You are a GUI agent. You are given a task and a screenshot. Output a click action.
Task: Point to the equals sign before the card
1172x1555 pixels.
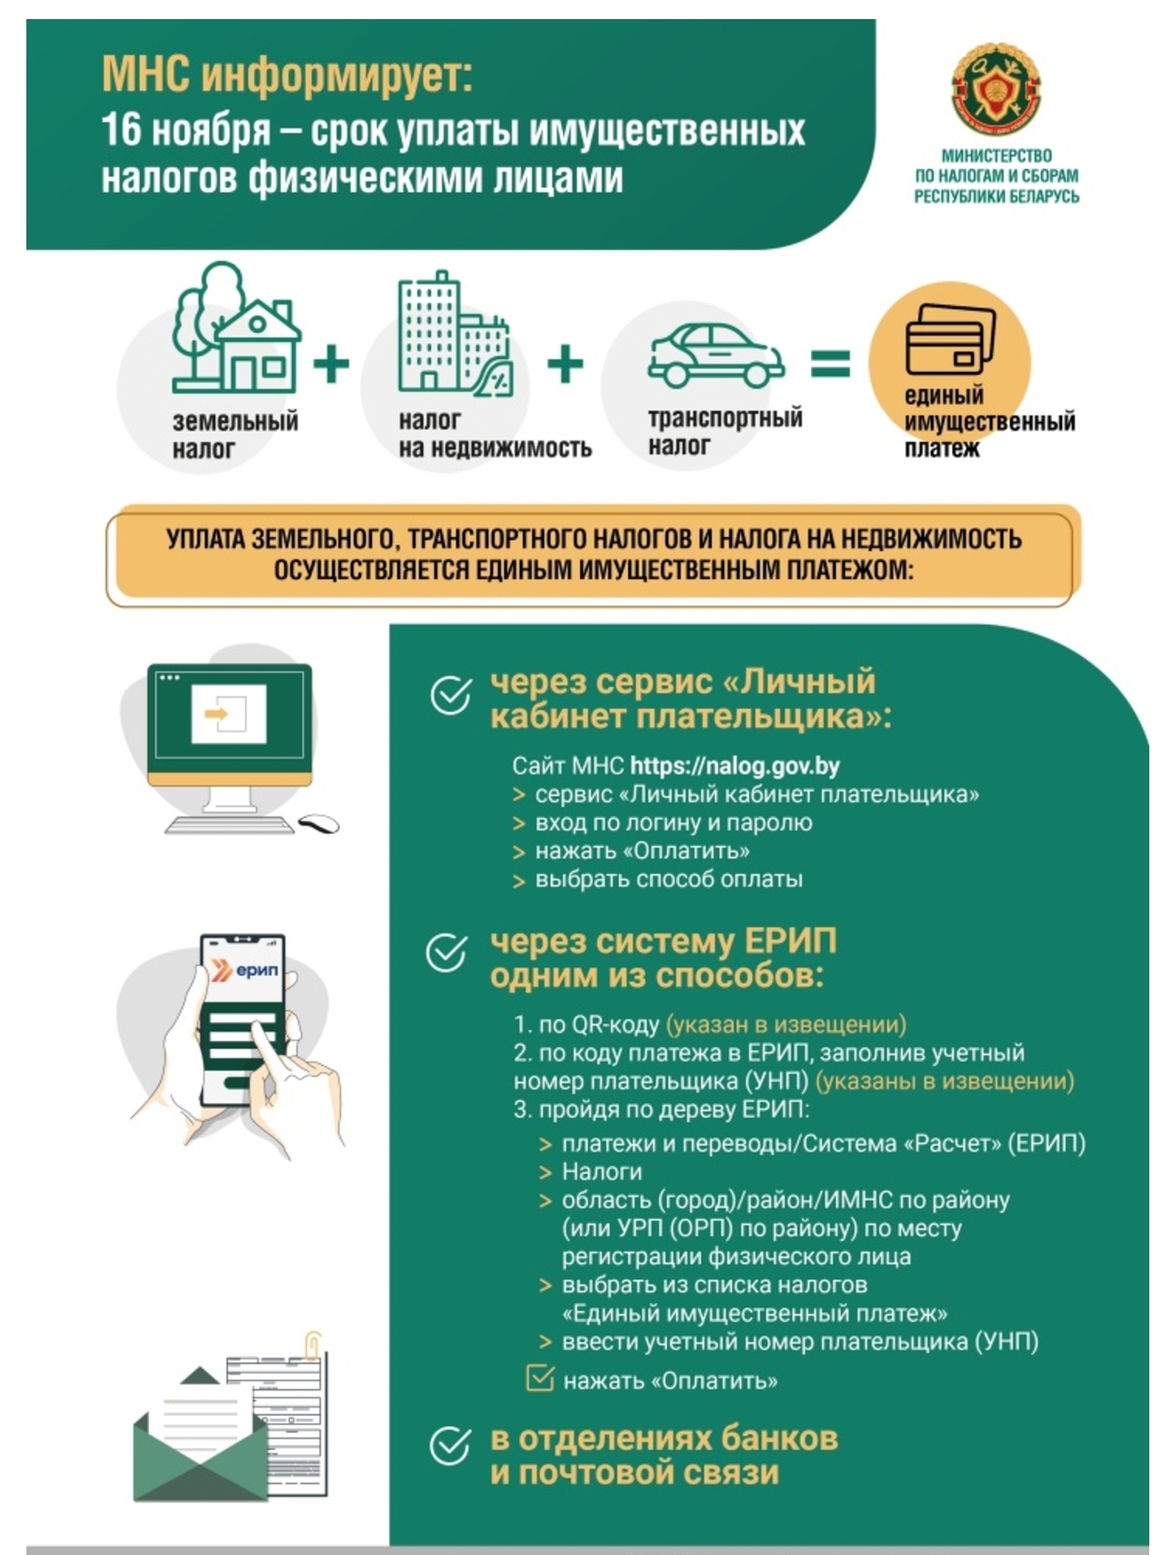pos(830,364)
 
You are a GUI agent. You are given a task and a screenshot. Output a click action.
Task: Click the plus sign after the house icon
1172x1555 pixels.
pos(331,364)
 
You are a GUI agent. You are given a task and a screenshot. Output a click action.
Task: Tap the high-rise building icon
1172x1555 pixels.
pos(454,334)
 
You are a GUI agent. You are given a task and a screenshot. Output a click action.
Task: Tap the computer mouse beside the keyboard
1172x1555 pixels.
pos(319,823)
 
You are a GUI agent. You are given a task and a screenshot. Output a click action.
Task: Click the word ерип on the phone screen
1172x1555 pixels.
pos(257,970)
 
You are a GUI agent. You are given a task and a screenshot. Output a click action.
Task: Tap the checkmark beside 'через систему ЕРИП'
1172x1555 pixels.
pos(447,953)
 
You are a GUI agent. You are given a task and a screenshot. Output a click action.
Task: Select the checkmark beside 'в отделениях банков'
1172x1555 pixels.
pos(450,1446)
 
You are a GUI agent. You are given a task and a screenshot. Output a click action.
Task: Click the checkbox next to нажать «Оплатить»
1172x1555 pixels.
pos(540,1378)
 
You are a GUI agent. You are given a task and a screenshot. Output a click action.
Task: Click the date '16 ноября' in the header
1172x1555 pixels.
pos(185,131)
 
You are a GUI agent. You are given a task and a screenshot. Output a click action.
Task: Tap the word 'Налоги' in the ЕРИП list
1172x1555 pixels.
pos(602,1171)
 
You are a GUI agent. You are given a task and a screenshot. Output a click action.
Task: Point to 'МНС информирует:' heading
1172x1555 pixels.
pos(287,75)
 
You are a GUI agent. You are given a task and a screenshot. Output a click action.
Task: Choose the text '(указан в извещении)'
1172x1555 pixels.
pos(786,1025)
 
